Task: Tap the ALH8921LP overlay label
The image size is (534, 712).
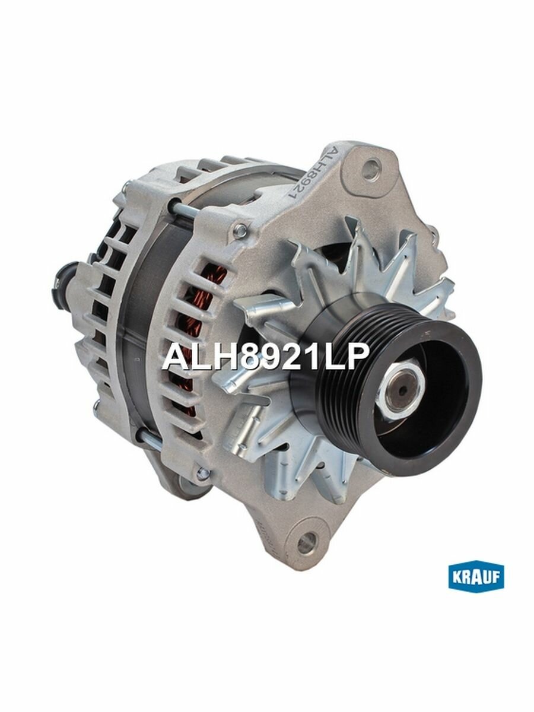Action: [x=266, y=357]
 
